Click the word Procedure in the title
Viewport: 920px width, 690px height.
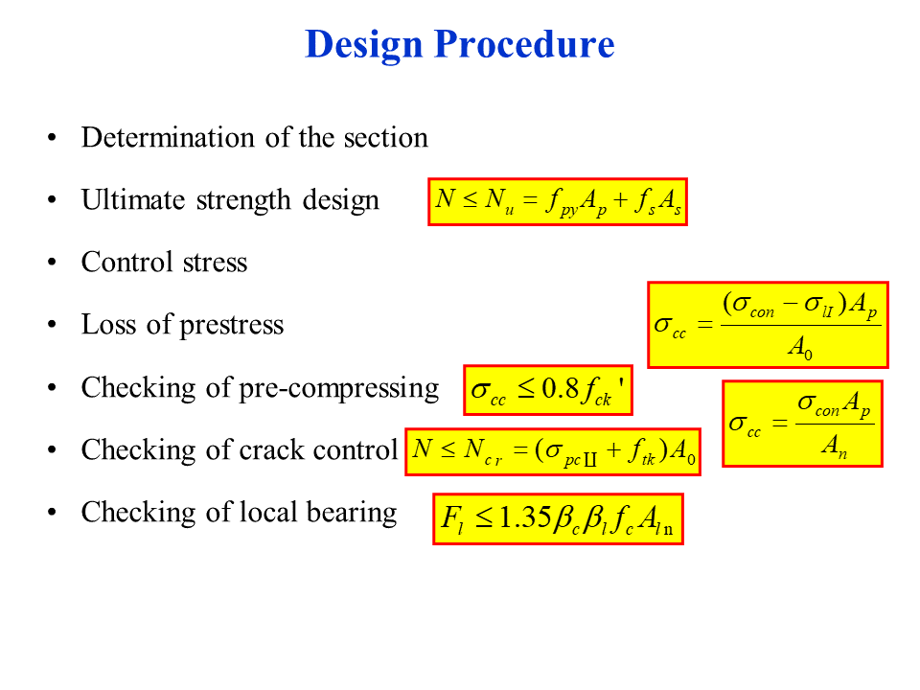coord(524,45)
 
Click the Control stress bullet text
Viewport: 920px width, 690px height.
coord(164,262)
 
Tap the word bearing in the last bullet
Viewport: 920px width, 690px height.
coord(350,512)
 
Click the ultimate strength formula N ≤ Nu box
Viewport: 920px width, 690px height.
coord(559,201)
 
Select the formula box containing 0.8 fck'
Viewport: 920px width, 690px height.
coord(547,391)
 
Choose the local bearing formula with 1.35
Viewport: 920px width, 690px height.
coord(558,518)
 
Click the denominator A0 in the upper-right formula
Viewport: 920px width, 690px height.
coord(799,350)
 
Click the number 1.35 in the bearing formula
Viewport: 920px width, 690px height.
coord(525,518)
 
